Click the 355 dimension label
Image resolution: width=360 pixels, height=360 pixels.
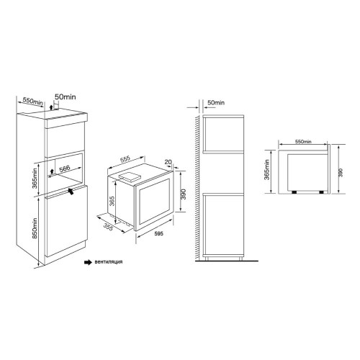[110, 226]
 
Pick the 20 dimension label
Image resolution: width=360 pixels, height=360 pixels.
[168, 162]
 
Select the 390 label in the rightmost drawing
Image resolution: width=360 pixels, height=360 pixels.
[341, 172]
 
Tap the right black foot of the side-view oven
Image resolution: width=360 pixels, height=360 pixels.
[318, 193]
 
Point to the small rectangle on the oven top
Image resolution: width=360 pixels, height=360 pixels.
[130, 175]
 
